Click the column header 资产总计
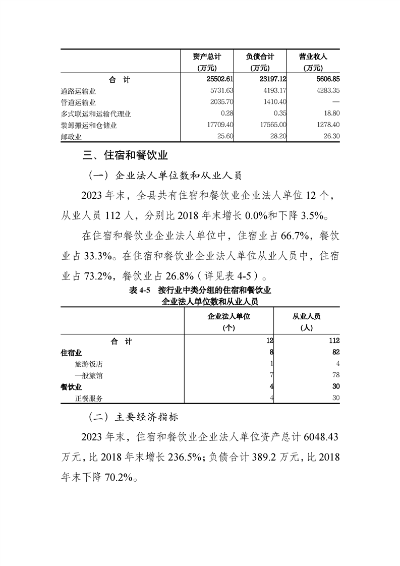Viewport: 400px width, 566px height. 207,57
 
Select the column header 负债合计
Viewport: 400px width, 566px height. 259,57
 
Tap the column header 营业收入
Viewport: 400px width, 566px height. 313,57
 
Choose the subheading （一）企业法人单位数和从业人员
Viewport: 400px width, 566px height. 165,176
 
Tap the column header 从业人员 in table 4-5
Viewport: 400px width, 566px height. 307,317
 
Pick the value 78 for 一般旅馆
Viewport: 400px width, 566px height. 335,375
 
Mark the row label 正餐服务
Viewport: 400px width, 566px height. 89,398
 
